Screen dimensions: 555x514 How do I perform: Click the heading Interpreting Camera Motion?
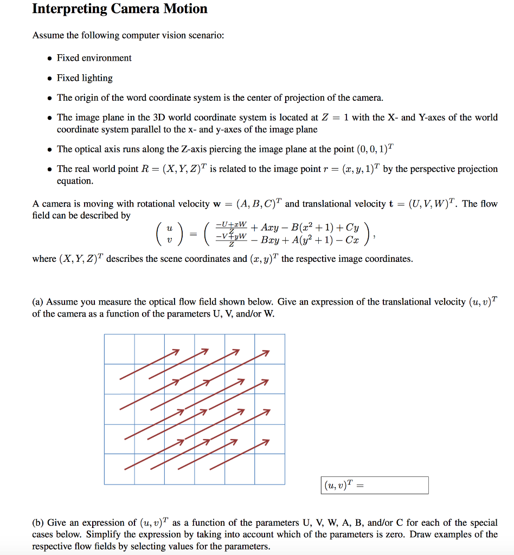point(120,9)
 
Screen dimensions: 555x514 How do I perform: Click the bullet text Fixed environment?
point(94,58)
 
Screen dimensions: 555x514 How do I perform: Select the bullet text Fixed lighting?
point(85,78)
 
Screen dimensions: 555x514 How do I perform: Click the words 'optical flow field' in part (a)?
point(170,302)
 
